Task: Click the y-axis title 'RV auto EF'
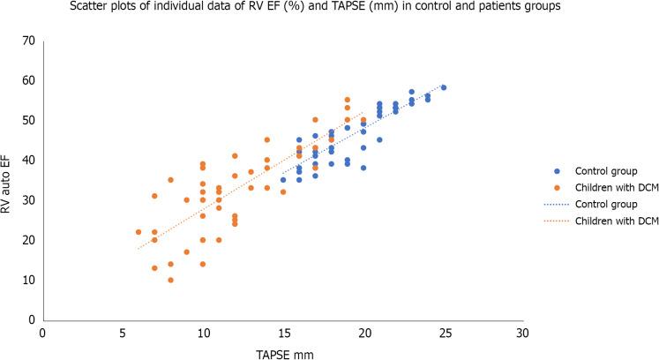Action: pos(11,181)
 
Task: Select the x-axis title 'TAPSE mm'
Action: pos(281,352)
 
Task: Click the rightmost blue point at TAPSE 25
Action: pos(444,88)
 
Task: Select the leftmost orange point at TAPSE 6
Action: pos(139,232)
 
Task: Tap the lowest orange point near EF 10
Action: pos(171,280)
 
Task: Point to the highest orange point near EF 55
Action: pos(348,100)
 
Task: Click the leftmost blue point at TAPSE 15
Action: pos(283,180)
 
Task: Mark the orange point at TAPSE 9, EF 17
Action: pos(187,251)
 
